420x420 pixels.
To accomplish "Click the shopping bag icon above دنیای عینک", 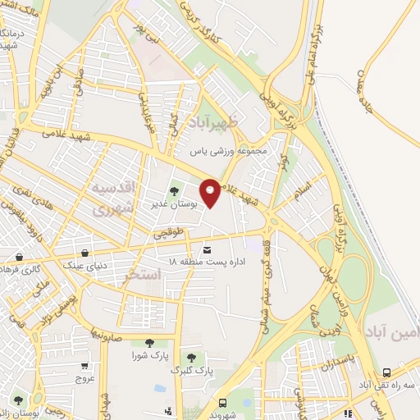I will click(86, 251).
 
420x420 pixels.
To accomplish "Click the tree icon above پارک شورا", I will click(148, 344).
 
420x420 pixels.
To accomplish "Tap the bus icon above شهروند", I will click(222, 403).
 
